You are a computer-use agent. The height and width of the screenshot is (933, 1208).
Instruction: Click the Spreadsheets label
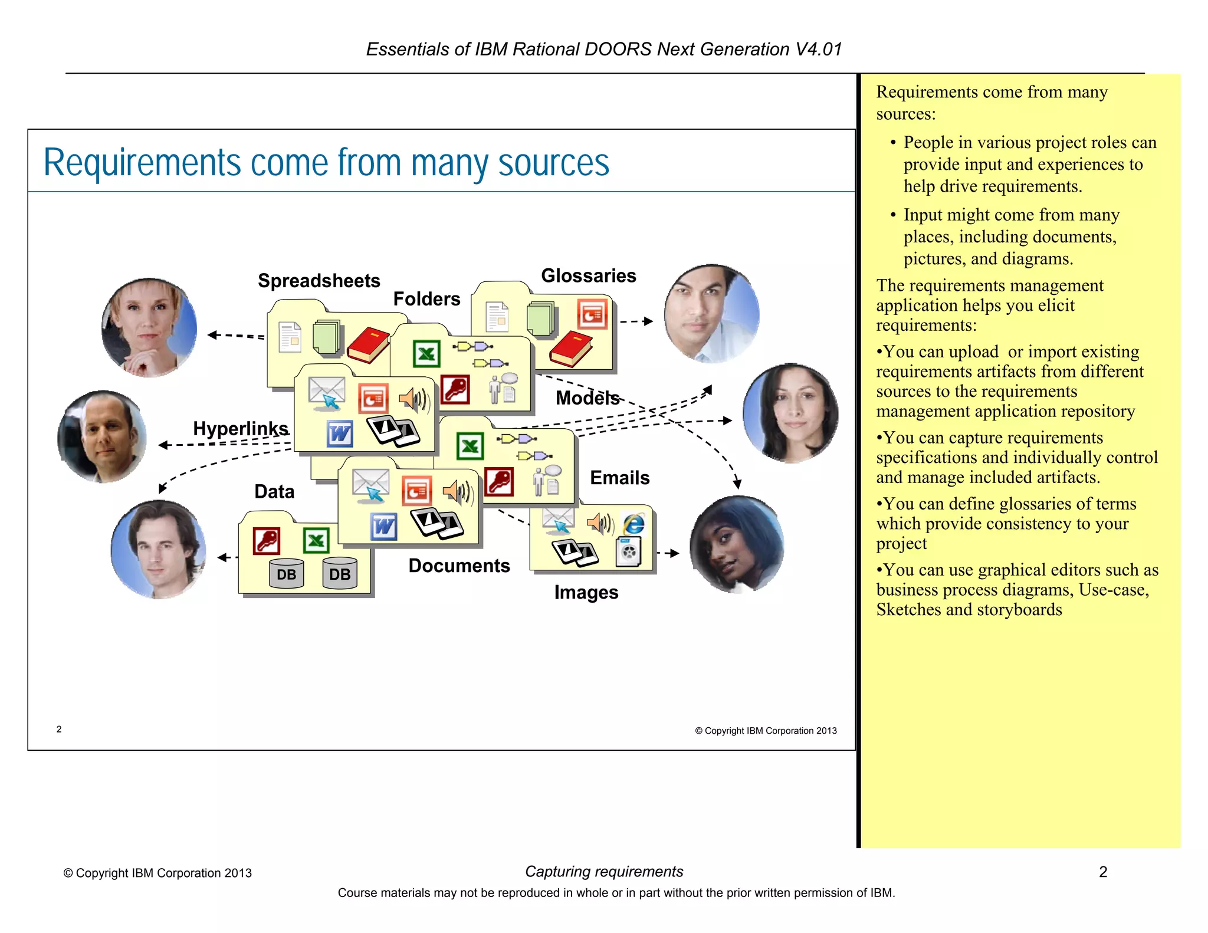(x=319, y=281)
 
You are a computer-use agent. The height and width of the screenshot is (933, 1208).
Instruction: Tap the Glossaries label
(x=588, y=275)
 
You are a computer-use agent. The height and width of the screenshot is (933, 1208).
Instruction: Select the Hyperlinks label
(x=241, y=428)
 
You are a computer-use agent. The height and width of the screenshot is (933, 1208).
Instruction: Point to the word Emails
(x=619, y=478)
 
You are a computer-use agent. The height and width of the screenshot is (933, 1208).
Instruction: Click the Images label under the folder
(x=586, y=592)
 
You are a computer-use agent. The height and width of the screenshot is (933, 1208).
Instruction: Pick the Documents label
(x=459, y=566)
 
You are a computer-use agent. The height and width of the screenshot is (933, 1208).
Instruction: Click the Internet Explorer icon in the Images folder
(x=634, y=524)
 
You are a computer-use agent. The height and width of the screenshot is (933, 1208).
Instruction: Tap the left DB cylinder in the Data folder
(x=286, y=573)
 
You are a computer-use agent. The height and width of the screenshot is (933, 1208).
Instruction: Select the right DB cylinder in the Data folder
(x=340, y=573)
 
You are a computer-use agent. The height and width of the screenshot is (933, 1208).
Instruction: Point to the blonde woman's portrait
(x=149, y=327)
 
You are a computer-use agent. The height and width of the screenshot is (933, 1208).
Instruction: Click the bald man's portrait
(x=102, y=436)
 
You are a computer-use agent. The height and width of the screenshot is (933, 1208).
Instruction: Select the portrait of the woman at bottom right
(x=737, y=544)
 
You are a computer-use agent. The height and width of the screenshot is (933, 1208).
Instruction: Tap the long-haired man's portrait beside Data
(x=158, y=549)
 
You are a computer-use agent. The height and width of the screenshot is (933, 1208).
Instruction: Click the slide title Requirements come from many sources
(x=326, y=163)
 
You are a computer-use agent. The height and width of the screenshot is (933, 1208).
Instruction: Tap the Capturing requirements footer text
(x=603, y=871)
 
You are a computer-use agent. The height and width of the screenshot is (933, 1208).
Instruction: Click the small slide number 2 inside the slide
(x=59, y=729)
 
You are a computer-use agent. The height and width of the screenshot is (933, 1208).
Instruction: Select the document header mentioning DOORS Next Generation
(x=603, y=49)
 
